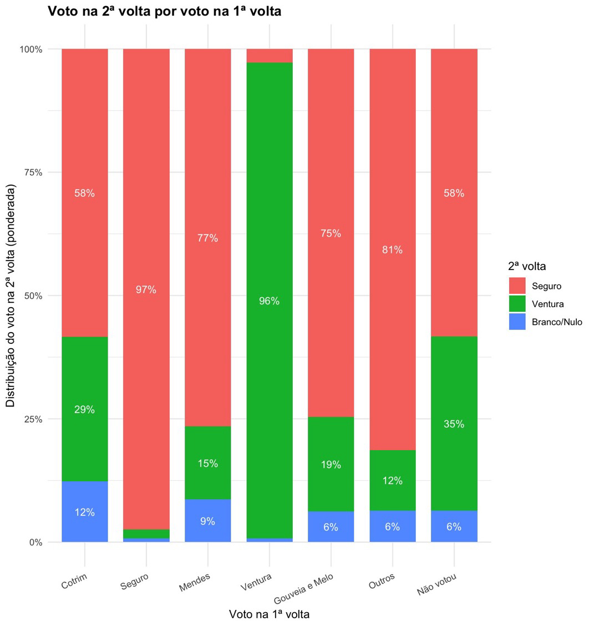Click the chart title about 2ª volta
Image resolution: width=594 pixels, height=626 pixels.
coord(164,11)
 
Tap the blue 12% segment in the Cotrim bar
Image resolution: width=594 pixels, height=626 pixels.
coord(84,511)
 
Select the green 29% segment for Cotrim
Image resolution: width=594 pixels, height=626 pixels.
coord(84,409)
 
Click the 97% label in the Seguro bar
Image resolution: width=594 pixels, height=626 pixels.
coord(146,289)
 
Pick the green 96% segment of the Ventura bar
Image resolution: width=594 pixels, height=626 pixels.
coord(269,301)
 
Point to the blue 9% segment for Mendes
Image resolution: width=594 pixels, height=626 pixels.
coord(207,521)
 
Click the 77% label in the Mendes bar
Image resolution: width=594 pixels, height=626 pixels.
coord(207,238)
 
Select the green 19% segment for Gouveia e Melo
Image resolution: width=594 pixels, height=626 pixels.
coord(331,464)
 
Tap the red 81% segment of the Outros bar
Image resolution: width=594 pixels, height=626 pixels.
coord(392,250)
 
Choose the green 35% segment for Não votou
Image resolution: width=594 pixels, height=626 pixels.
coord(454,424)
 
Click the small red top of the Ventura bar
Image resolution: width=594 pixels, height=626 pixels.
coord(269,55)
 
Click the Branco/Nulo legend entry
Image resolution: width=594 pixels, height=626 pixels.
coord(556,322)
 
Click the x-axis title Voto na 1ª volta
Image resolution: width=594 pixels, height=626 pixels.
coord(269,614)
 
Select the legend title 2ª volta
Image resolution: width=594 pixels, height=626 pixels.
coord(527,266)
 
